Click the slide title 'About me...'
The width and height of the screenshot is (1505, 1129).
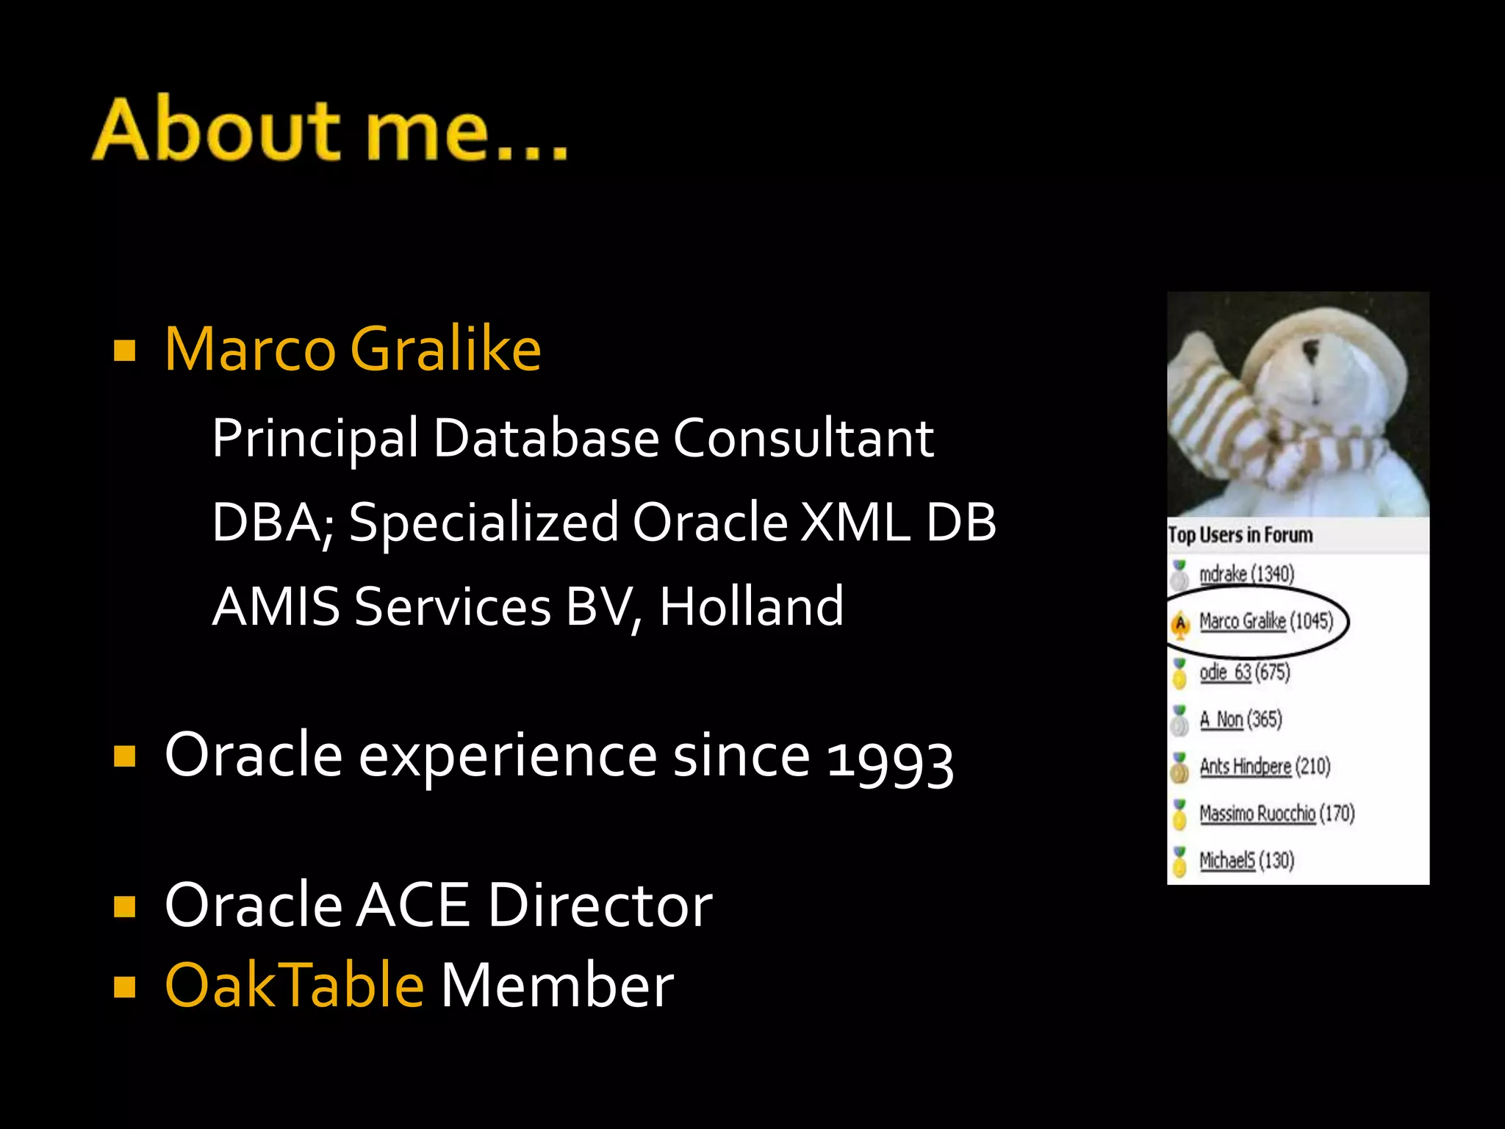(330, 129)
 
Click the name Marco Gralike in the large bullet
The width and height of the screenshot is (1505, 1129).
(353, 349)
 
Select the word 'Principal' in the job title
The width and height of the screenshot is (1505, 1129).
(315, 439)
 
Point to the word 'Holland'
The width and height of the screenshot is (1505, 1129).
(751, 606)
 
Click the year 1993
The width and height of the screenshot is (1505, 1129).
(890, 759)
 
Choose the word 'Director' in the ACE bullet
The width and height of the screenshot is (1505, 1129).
(600, 905)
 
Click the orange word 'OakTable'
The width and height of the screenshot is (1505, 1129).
(295, 985)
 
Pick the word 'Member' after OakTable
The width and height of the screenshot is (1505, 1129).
(557, 985)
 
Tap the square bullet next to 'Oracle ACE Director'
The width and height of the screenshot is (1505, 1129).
(125, 906)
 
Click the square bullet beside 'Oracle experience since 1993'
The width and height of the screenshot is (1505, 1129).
(125, 756)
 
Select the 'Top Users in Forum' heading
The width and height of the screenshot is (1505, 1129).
(1240, 535)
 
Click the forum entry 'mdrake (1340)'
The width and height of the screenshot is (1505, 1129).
(1246, 573)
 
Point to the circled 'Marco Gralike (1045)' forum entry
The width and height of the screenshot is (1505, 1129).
(1265, 622)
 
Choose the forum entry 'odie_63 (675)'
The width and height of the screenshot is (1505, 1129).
(1244, 672)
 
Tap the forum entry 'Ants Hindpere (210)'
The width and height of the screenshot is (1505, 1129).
(1265, 766)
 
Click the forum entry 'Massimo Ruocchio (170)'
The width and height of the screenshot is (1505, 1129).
(1276, 813)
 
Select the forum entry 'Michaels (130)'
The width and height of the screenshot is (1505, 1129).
(1246, 860)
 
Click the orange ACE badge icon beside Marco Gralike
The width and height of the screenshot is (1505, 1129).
(1180, 624)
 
